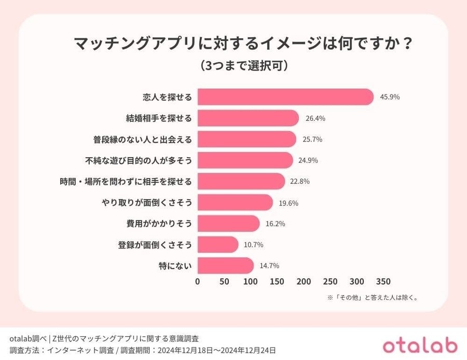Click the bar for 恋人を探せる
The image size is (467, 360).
pyautogui.click(x=285, y=97)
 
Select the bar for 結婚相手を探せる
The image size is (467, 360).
pyautogui.click(x=248, y=118)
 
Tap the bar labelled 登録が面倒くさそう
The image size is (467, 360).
pyautogui.click(x=218, y=244)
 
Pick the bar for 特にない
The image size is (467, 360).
pyautogui.click(x=225, y=266)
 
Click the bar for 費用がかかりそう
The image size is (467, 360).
pyautogui.click(x=228, y=224)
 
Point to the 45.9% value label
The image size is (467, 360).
pyautogui.click(x=390, y=97)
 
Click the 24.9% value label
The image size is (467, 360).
pyautogui.click(x=308, y=160)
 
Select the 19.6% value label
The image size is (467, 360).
pyautogui.click(x=289, y=203)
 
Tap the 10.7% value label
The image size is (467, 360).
pyautogui.click(x=254, y=245)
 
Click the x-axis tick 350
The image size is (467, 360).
pyautogui.click(x=383, y=282)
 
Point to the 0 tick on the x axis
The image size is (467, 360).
pyautogui.click(x=198, y=282)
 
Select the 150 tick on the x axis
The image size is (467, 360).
pyautogui.click(x=277, y=282)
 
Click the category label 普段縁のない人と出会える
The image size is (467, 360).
pyautogui.click(x=143, y=140)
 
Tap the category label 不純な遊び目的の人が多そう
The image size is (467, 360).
pyautogui.click(x=139, y=160)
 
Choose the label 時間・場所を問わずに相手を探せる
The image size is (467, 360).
pyautogui.click(x=126, y=182)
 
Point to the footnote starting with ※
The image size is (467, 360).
pyautogui.click(x=372, y=298)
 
